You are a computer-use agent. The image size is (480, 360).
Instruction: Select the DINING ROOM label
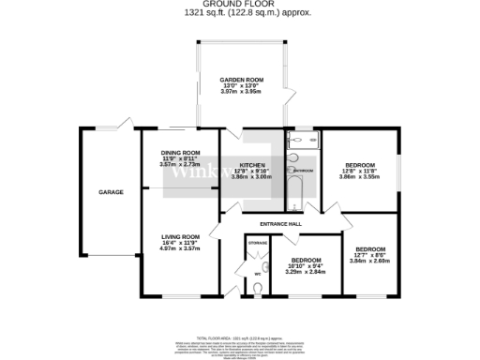pos(180,152)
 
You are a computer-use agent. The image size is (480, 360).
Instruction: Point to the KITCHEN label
pos(251,164)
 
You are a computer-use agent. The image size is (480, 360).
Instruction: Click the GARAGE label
pos(112,192)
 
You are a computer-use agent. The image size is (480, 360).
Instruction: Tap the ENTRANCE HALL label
pos(280,224)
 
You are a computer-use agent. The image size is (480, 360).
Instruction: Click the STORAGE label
pos(258,244)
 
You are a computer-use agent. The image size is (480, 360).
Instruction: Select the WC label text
pos(256,274)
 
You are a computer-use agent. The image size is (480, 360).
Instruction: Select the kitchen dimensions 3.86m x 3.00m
pos(251,176)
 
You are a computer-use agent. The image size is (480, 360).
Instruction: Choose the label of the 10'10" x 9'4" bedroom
pos(307,260)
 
